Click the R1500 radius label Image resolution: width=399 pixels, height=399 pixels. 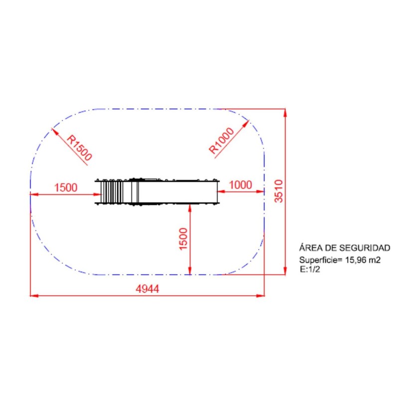pyautogui.click(x=79, y=148)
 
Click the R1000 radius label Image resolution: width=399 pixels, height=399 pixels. pyautogui.click(x=221, y=141)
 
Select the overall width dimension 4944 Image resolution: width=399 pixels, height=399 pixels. pyautogui.click(x=147, y=289)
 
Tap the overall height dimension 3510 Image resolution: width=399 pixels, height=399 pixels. pyautogui.click(x=279, y=191)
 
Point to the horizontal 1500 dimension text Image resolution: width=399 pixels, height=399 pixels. pyautogui.click(x=66, y=188)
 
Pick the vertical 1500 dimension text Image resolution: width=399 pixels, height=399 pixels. pyautogui.click(x=183, y=239)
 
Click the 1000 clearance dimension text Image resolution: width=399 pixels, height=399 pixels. pyautogui.click(x=240, y=185)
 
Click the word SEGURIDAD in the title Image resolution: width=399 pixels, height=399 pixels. pyautogui.click(x=365, y=248)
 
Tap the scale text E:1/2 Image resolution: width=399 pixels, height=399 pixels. pyautogui.click(x=310, y=269)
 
